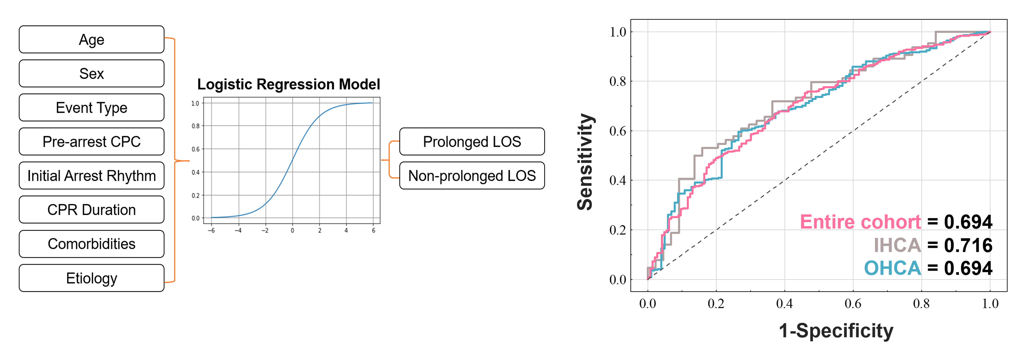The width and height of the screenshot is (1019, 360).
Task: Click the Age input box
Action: click(x=91, y=40)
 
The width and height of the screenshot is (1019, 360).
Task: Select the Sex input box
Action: click(x=91, y=74)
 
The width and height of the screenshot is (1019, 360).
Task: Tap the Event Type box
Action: click(x=91, y=108)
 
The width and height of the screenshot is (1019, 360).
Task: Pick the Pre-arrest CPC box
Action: click(x=91, y=142)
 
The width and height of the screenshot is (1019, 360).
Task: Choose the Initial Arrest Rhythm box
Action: click(x=91, y=176)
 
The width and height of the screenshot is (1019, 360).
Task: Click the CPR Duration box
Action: click(x=91, y=210)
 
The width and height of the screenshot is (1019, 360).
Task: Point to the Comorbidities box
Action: click(x=91, y=244)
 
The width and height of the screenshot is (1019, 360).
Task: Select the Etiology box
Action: click(x=91, y=278)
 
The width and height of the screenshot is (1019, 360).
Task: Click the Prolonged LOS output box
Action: click(x=472, y=142)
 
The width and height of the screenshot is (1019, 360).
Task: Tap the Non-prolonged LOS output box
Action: click(x=472, y=176)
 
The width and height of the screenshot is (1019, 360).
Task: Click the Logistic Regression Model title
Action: click(x=288, y=84)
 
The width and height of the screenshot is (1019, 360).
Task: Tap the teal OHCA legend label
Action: click(x=892, y=268)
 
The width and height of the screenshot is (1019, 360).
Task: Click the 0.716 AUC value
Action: click(x=968, y=245)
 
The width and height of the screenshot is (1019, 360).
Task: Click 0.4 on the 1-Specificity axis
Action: click(x=784, y=304)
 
